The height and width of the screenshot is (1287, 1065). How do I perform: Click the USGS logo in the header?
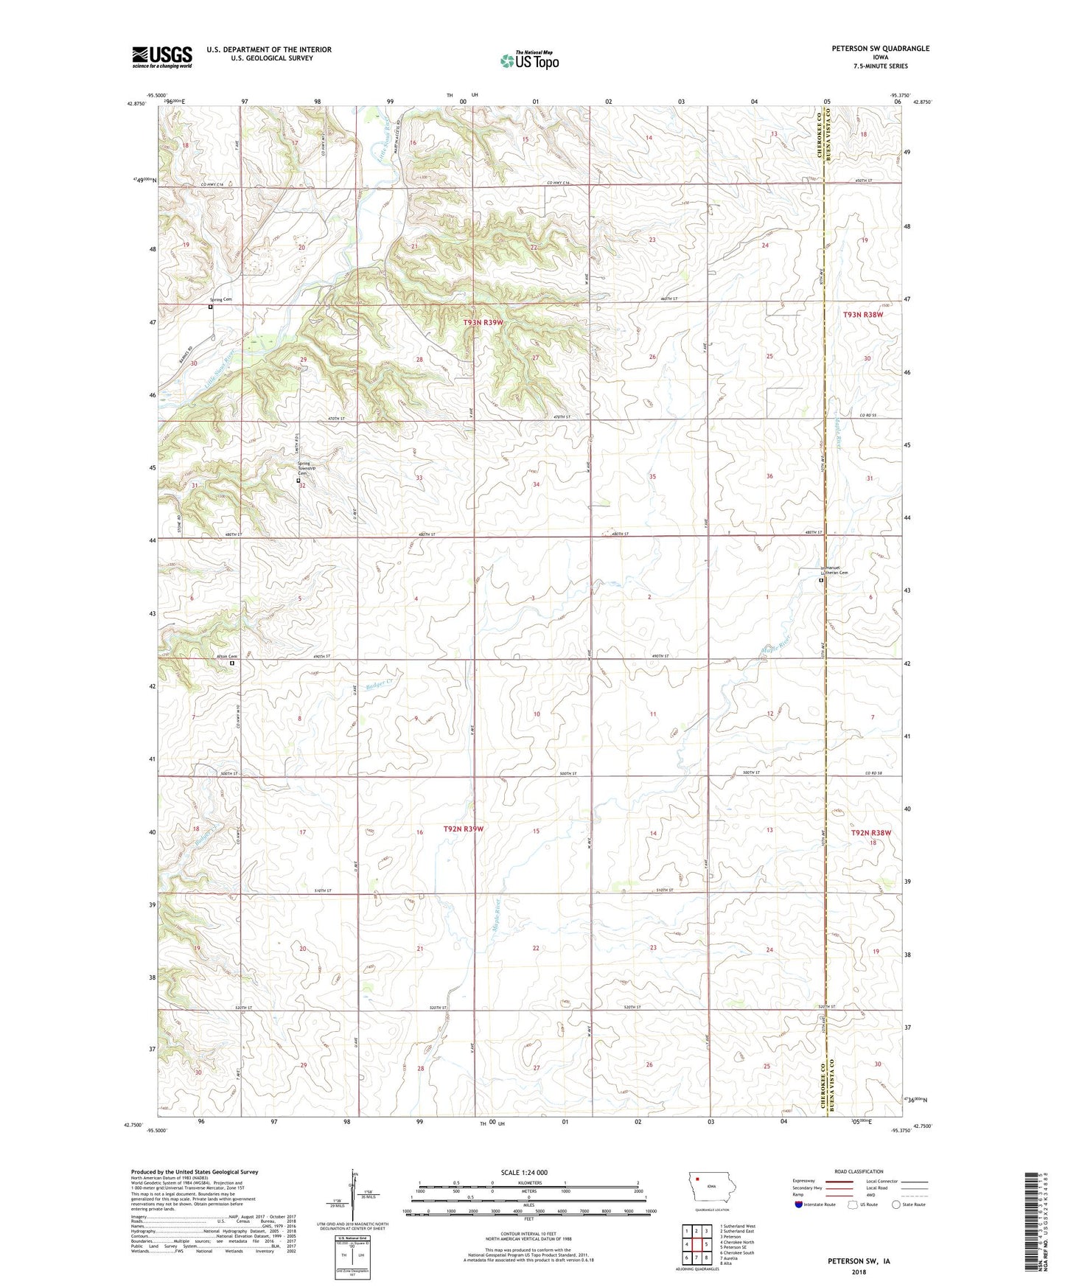tap(162, 57)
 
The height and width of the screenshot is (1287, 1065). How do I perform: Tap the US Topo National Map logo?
tap(529, 60)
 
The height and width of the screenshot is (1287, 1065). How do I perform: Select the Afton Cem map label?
tap(226, 657)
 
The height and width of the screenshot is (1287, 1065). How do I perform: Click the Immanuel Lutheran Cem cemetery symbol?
tap(822, 580)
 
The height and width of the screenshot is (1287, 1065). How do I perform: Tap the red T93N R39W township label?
tap(483, 323)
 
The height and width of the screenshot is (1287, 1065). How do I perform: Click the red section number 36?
tap(769, 476)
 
